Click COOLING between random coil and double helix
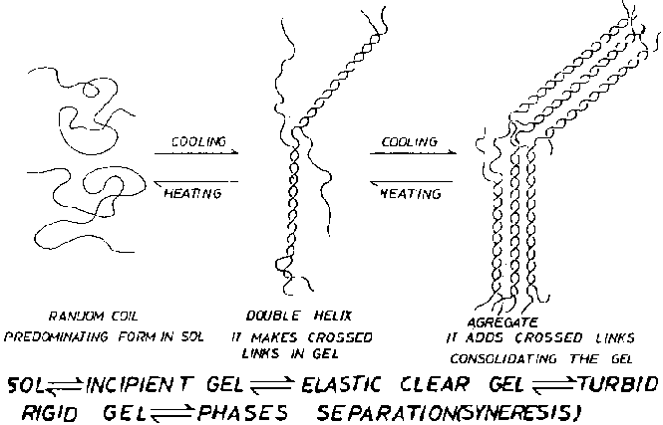pos(198,142)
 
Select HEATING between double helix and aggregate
pos(411,193)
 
